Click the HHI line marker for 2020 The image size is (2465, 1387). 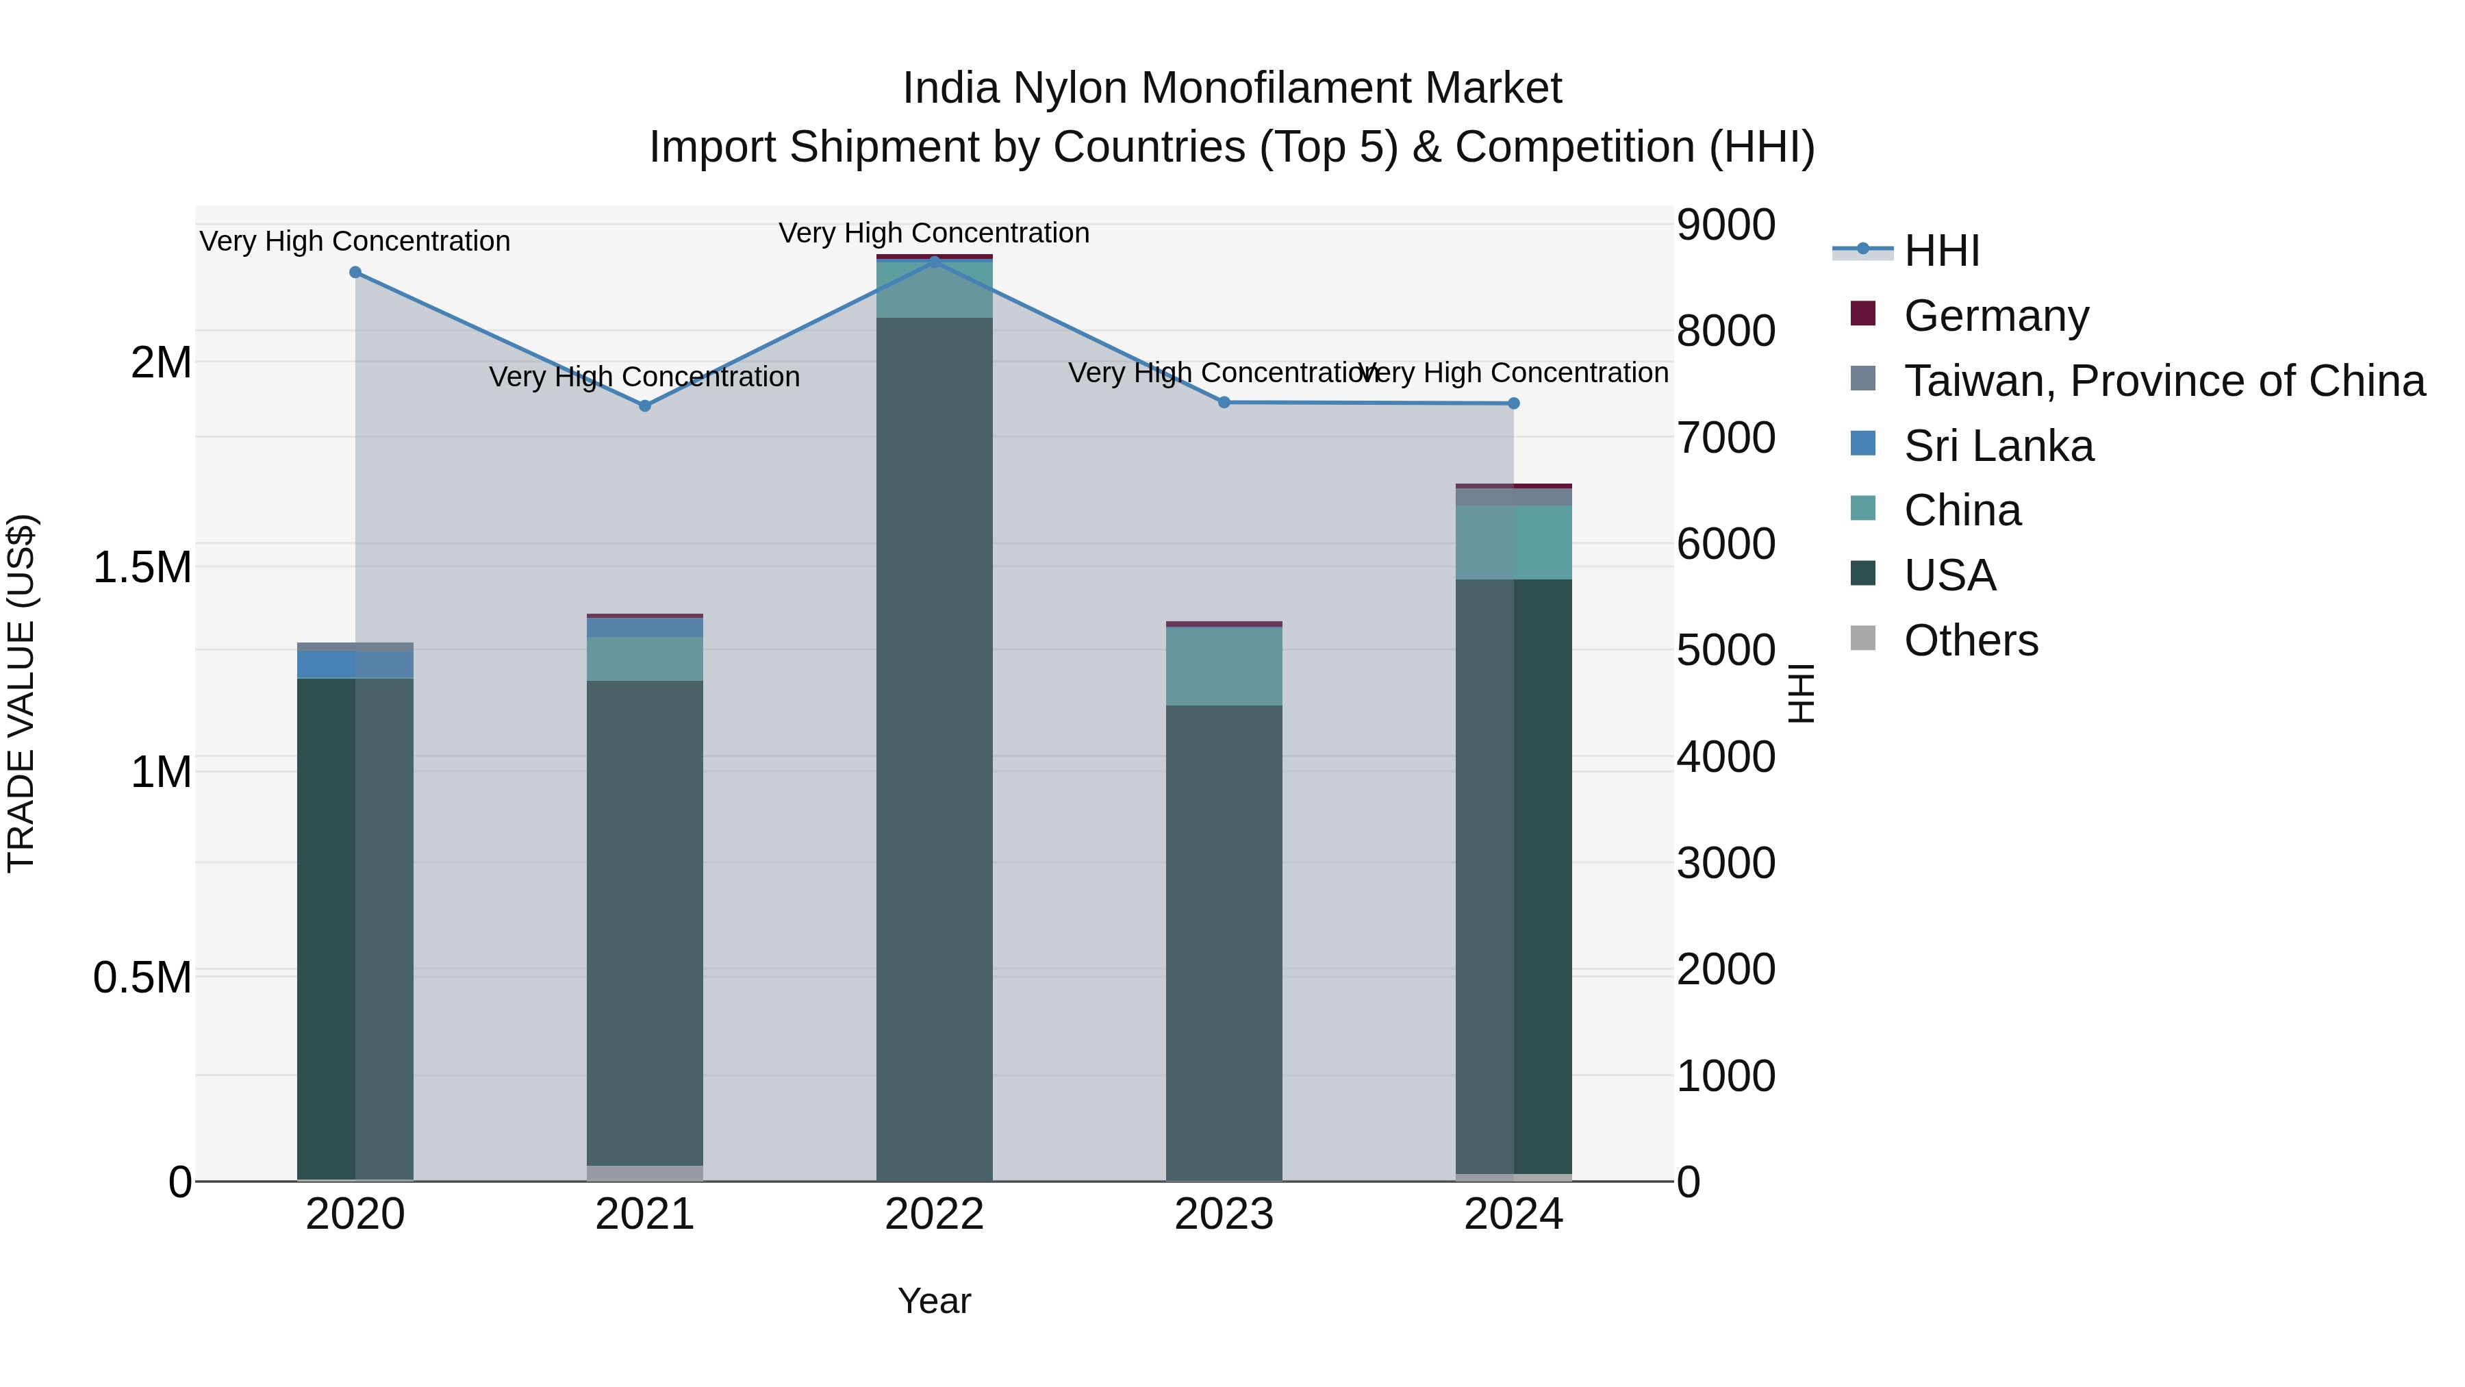coord(355,273)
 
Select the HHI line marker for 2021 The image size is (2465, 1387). coord(645,406)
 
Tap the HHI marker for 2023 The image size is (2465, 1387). coord(1224,402)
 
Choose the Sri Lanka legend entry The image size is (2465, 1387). coord(1998,446)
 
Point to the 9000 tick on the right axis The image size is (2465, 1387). coord(1725,225)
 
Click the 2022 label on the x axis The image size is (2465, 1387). coord(934,1214)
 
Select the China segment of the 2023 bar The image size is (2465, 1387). coord(1224,666)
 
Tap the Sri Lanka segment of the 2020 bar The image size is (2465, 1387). coord(355,664)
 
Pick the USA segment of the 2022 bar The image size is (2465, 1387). coord(934,747)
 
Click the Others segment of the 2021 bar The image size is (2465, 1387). coord(645,1173)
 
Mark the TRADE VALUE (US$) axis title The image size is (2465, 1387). coord(21,693)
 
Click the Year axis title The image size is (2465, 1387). coord(934,1301)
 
